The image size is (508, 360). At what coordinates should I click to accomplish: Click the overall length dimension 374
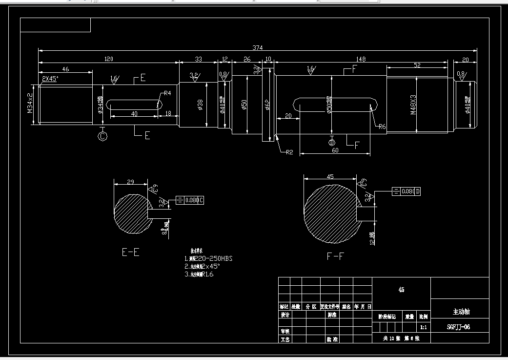[257, 47]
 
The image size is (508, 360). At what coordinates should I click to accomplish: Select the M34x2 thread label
[30, 103]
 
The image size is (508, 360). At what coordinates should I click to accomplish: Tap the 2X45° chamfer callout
[50, 79]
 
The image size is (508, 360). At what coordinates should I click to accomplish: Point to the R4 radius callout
[167, 93]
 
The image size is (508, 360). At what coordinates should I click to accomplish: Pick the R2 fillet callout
[289, 152]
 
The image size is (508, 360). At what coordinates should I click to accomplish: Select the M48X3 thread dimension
[413, 104]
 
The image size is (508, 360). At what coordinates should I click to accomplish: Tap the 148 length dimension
[360, 59]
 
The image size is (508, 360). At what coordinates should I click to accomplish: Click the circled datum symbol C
[102, 136]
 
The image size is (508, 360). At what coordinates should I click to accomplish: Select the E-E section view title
[130, 253]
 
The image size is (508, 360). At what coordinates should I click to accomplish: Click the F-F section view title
[335, 256]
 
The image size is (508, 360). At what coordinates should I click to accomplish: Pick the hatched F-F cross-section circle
[330, 213]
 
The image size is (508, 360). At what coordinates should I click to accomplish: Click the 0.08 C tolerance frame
[188, 200]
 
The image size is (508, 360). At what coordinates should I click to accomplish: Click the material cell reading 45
[401, 290]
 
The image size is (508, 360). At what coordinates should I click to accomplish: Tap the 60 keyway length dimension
[335, 150]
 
